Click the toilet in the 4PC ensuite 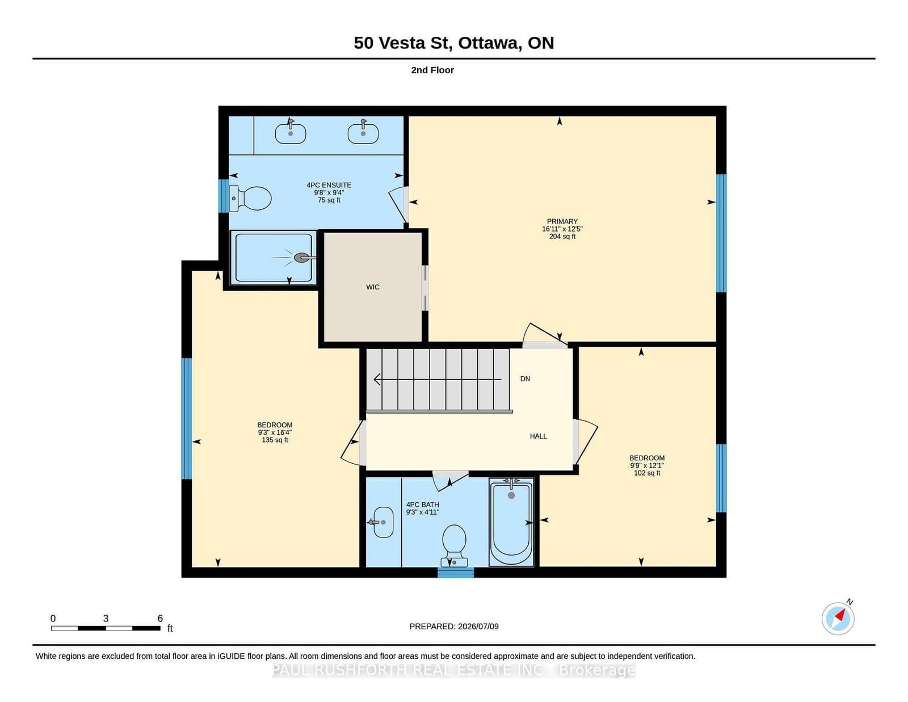click(x=250, y=198)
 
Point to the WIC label click(x=373, y=287)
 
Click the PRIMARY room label click(x=562, y=221)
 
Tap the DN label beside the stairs click(x=526, y=379)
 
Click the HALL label click(x=538, y=436)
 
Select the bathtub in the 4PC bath click(x=511, y=522)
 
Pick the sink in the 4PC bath click(x=382, y=522)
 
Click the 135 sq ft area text click(x=275, y=440)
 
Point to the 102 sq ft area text click(x=647, y=473)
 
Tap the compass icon click(x=838, y=619)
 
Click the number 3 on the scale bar click(x=106, y=619)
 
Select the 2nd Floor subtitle click(x=432, y=70)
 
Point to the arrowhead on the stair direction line click(x=377, y=380)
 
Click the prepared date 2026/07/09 click(x=478, y=627)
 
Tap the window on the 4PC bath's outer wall click(x=456, y=573)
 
